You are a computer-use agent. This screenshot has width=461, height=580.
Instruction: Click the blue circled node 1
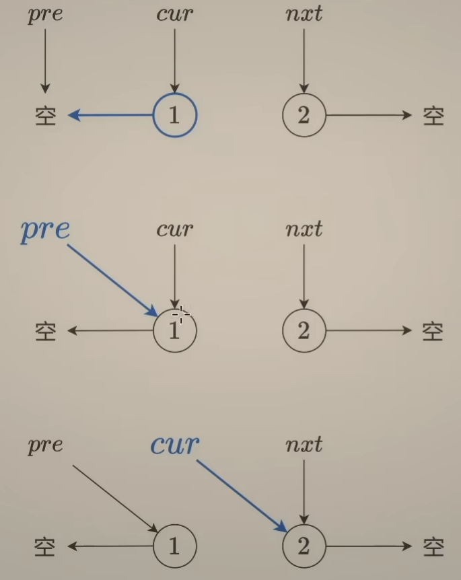[x=174, y=115]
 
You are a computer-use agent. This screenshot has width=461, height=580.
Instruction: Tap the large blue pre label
[x=45, y=230]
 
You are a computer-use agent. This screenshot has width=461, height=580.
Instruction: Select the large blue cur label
[x=175, y=445]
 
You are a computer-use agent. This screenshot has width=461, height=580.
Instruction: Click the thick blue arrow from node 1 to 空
[x=111, y=115]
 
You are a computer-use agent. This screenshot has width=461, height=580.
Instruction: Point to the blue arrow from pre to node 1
[x=112, y=279]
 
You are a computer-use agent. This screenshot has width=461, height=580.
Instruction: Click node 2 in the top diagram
[x=304, y=115]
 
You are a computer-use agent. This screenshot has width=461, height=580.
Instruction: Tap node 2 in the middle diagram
[x=304, y=330]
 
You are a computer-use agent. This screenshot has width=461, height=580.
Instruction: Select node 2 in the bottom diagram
[x=304, y=546]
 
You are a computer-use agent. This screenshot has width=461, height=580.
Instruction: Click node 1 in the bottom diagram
[x=174, y=546]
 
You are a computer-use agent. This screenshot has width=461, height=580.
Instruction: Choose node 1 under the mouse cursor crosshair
[x=174, y=330]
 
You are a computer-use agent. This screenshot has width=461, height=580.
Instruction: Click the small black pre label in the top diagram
[x=45, y=15]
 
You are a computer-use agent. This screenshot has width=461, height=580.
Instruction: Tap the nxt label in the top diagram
[x=304, y=15]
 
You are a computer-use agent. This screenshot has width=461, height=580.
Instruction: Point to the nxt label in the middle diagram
[x=304, y=229]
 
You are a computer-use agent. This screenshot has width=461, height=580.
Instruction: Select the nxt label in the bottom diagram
[x=304, y=445]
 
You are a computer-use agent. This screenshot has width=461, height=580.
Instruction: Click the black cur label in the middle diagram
[x=174, y=229]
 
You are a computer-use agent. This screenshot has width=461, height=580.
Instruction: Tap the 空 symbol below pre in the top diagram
[x=45, y=116]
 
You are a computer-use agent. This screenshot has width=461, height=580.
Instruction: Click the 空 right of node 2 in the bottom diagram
[x=433, y=546]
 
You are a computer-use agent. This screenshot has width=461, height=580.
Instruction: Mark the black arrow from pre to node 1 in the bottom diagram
[x=114, y=497]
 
